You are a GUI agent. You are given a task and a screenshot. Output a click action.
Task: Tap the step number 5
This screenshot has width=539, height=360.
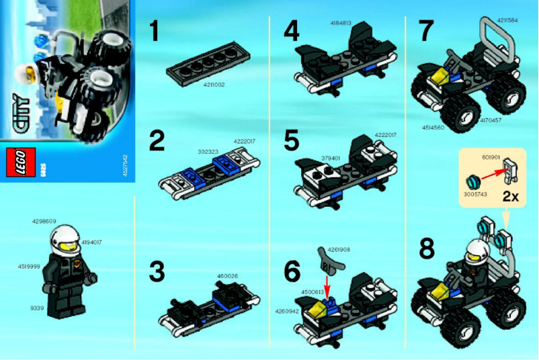click(291, 142)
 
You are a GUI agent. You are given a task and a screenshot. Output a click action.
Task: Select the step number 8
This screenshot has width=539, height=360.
click(427, 249)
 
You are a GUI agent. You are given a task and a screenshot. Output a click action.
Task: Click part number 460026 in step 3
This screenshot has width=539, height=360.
click(229, 275)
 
